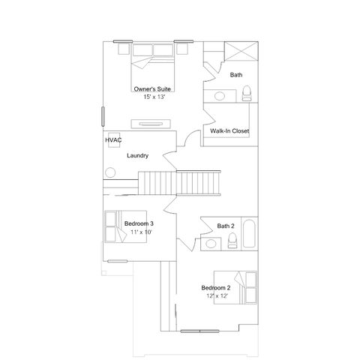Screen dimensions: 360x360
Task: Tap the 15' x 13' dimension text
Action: (153, 97)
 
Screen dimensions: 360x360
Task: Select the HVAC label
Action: (113, 139)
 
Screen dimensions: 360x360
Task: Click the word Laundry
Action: (137, 156)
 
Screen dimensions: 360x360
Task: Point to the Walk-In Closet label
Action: (229, 131)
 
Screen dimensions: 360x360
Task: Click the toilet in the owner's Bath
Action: (247, 92)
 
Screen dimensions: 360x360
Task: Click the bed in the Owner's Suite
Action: (154, 63)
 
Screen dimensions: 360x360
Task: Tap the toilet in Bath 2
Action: (233, 240)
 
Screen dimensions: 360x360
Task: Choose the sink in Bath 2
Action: (211, 242)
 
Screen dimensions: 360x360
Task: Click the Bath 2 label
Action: (226, 226)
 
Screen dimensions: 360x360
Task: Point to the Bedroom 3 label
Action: (139, 223)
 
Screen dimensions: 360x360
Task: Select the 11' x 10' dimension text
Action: (139, 232)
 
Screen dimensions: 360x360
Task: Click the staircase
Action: (181, 182)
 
